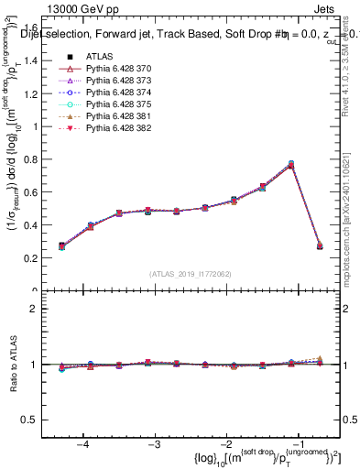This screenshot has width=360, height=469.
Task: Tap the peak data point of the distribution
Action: point(291,165)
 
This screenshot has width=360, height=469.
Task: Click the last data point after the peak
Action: point(320,246)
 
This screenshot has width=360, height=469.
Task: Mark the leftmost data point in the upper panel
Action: point(62,246)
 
